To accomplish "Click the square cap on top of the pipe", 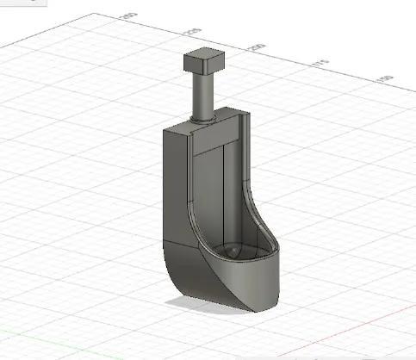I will tap(203, 63).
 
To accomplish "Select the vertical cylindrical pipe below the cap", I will tap(203, 95).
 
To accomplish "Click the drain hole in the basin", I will tap(233, 251).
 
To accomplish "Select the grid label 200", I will tap(256, 47).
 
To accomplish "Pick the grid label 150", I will tap(384, 79).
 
